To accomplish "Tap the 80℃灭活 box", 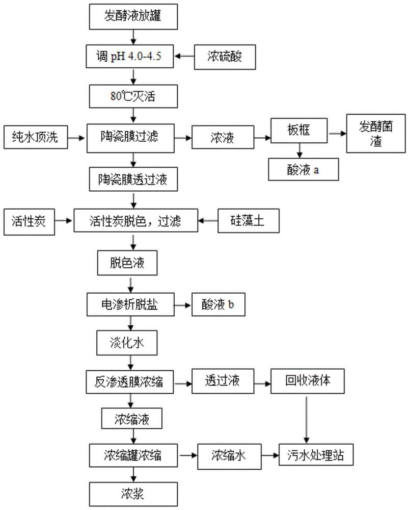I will [133, 95].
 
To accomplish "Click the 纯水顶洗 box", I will [35, 137].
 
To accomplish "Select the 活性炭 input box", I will [28, 221].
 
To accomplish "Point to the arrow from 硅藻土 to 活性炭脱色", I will [209, 221].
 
